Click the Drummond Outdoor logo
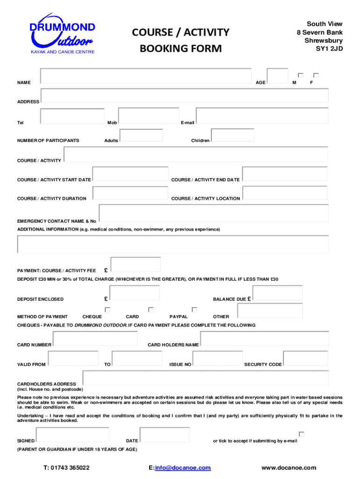pos(62,36)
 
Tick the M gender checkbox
pos(301,75)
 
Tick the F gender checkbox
pos(316,75)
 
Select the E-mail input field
pos(262,116)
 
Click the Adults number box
pos(141,135)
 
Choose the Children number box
pos(232,135)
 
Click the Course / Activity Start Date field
pos(130,174)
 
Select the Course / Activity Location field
pos(285,193)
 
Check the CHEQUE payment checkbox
pos(108,310)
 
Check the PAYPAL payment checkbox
pos(194,310)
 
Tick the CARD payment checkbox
pos(151,310)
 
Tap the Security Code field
pos(305,358)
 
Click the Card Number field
pos(95,339)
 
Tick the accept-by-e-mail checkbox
pos(302,434)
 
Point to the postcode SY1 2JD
pos(330,48)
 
